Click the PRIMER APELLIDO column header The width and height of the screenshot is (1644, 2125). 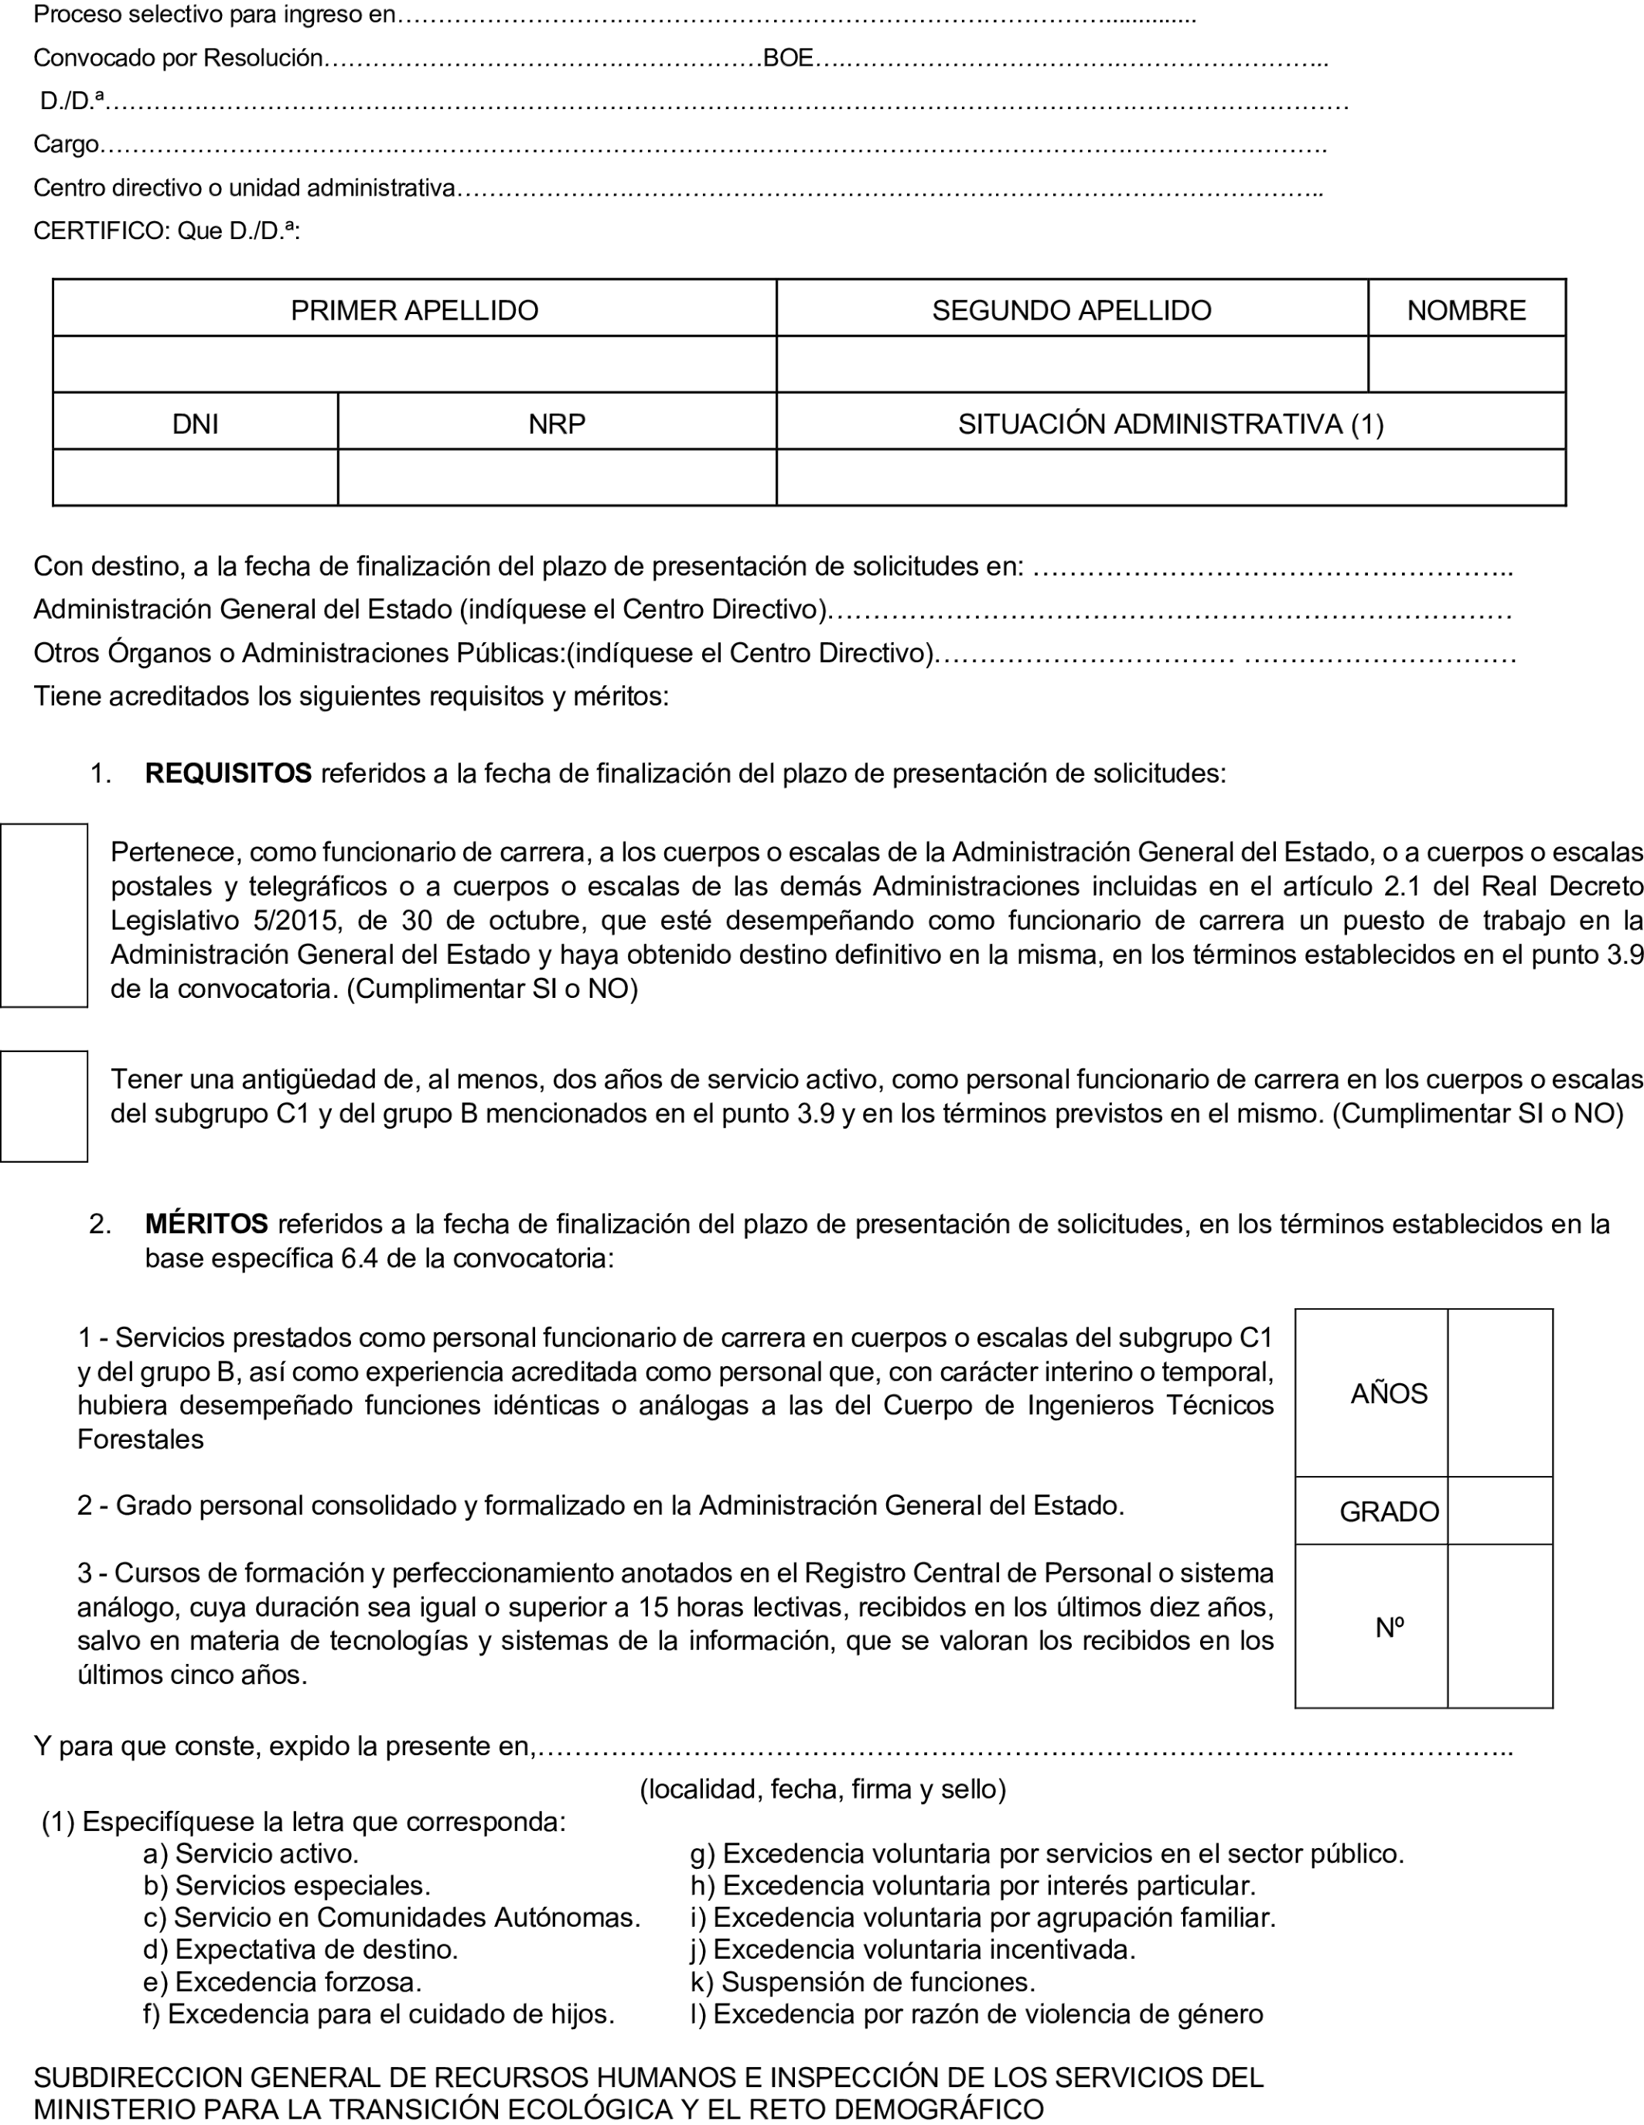pyautogui.click(x=414, y=309)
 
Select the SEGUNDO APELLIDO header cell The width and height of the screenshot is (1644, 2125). pyautogui.click(x=1071, y=309)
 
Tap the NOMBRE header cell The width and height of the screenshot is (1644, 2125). pyautogui.click(x=1466, y=309)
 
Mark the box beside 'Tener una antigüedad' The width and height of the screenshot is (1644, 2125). pyautogui.click(x=44, y=1105)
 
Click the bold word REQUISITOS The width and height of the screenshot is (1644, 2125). pyautogui.click(x=227, y=774)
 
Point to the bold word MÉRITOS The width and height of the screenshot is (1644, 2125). pyautogui.click(x=206, y=1223)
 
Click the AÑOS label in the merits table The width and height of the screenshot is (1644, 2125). pyautogui.click(x=1388, y=1393)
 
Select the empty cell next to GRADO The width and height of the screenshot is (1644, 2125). pyautogui.click(x=1499, y=1511)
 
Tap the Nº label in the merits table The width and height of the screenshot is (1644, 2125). pyautogui.click(x=1388, y=1627)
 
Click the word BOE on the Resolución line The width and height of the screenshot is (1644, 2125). pyautogui.click(x=788, y=58)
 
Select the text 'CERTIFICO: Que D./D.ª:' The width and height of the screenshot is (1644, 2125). pyautogui.click(x=166, y=231)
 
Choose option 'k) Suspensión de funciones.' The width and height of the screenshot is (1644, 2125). pyautogui.click(x=862, y=1982)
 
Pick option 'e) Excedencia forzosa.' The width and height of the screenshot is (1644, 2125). pyautogui.click(x=282, y=1982)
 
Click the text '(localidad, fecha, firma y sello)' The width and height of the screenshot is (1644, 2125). pyautogui.click(x=822, y=1788)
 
